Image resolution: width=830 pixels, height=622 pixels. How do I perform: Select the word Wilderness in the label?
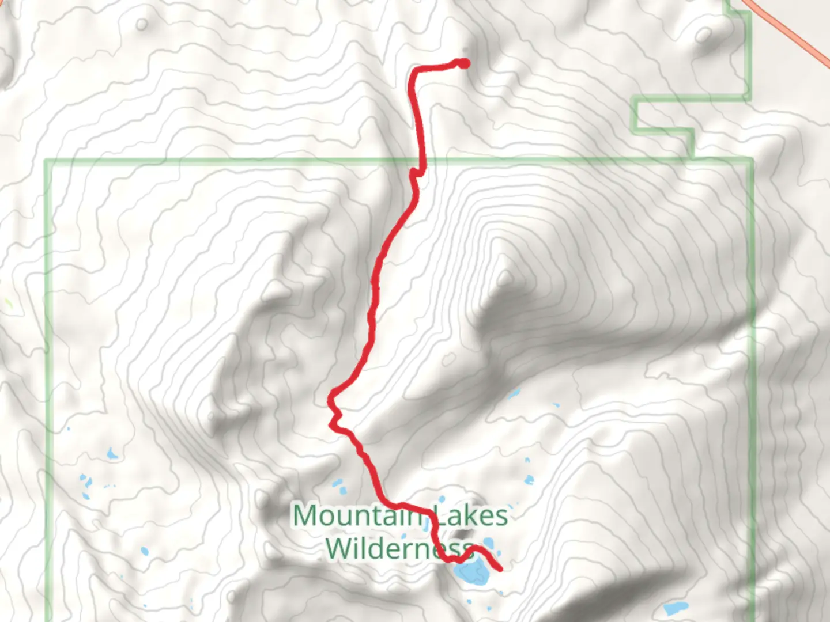pyautogui.click(x=398, y=547)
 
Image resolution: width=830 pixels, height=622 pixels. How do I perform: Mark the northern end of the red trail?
pyautogui.click(x=463, y=64)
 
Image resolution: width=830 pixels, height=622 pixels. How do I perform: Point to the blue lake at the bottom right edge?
pyautogui.click(x=675, y=608)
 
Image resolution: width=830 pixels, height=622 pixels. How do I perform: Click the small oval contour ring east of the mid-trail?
pyautogui.click(x=448, y=361)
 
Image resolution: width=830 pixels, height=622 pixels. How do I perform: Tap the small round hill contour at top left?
pyautogui.click(x=142, y=24)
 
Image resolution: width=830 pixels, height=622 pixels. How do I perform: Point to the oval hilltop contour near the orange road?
pyautogui.click(x=703, y=35)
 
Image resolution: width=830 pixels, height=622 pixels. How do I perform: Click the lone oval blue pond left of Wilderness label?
pyautogui.click(x=144, y=551)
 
